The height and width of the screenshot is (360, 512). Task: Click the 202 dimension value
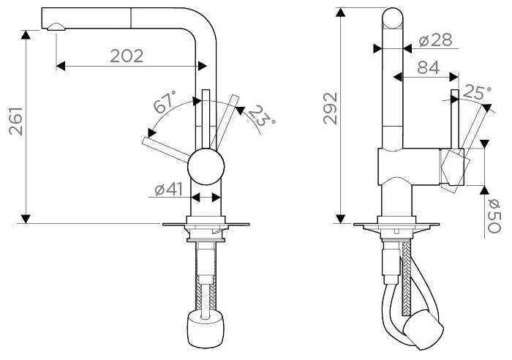[x=127, y=56]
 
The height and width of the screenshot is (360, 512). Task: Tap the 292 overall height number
[x=331, y=108]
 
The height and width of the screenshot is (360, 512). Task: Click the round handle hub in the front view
[x=205, y=168]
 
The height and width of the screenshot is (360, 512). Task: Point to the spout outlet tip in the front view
[x=56, y=27]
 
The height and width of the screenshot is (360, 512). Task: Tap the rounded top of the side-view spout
[x=393, y=18]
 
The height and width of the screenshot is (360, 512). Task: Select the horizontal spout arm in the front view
[x=124, y=17]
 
